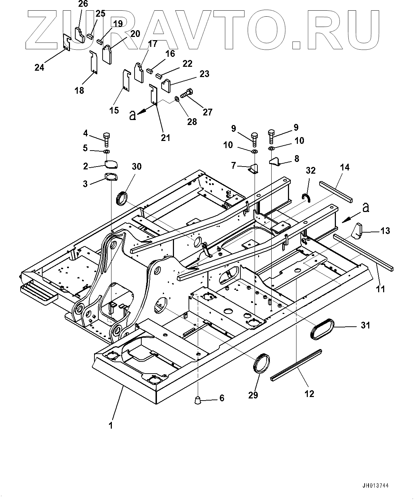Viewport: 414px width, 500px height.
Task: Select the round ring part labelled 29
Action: (262, 363)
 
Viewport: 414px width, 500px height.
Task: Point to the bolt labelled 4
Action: (106, 139)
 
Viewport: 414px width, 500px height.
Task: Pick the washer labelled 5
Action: (106, 152)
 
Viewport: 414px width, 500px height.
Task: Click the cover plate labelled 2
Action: (111, 164)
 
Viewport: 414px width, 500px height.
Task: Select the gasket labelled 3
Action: (110, 177)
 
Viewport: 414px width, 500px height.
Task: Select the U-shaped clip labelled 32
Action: (306, 197)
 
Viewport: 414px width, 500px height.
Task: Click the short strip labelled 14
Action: (336, 191)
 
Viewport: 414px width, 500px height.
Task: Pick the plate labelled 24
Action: (66, 43)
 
